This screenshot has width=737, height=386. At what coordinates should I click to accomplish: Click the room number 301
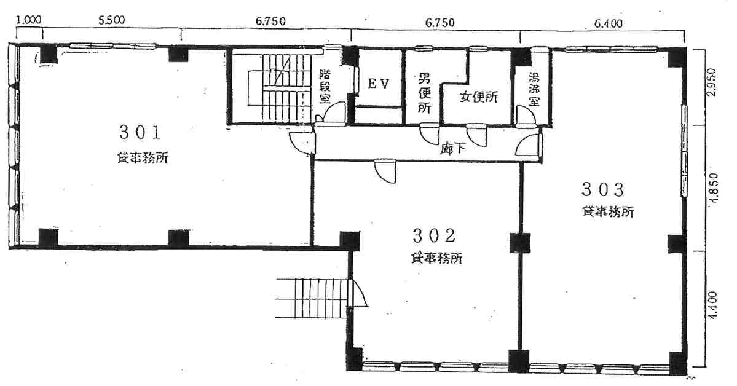[x=140, y=131]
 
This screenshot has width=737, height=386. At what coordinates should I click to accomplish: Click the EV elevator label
[x=379, y=84]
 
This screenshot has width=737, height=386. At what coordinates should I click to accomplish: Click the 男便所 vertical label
[x=424, y=93]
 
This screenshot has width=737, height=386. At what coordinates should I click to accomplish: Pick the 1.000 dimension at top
[x=28, y=20]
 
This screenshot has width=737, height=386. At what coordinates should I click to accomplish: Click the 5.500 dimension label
[x=111, y=20]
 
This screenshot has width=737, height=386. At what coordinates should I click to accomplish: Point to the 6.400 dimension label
[x=609, y=23]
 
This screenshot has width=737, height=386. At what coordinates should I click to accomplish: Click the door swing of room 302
[x=385, y=171]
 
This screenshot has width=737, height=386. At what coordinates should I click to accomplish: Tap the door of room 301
[x=302, y=142]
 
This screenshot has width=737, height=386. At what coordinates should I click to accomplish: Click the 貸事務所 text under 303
[x=608, y=212]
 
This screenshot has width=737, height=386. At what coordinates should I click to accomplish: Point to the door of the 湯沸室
[x=526, y=116]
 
